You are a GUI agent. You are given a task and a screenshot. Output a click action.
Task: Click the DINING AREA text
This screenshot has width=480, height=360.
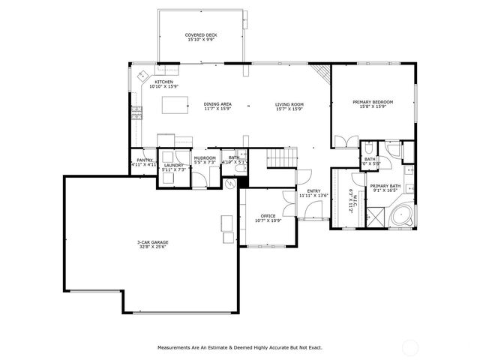[x=217, y=104]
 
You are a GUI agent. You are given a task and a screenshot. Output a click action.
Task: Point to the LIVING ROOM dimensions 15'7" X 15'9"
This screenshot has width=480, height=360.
[x=288, y=109]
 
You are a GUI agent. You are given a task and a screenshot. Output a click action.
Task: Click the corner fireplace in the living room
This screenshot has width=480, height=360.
[x=322, y=73]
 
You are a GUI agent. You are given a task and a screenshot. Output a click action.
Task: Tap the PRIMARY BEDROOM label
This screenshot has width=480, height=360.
[x=372, y=102]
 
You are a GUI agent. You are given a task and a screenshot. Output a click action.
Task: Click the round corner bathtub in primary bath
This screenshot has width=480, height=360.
[x=402, y=217]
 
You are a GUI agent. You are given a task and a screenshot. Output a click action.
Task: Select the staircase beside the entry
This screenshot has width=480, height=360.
[x=283, y=159]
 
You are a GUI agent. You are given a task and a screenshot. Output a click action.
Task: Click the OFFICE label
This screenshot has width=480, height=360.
[x=267, y=215]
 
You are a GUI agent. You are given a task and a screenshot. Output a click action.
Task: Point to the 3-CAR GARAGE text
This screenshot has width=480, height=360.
[x=151, y=242]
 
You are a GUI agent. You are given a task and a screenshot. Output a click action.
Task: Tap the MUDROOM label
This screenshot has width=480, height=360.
[x=205, y=157]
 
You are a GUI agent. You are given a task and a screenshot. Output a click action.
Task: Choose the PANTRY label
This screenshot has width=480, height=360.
[x=144, y=160]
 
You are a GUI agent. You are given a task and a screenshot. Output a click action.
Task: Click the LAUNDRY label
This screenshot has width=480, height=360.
[x=173, y=165]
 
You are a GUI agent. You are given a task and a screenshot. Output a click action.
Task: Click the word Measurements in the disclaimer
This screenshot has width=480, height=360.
[x=175, y=347]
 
